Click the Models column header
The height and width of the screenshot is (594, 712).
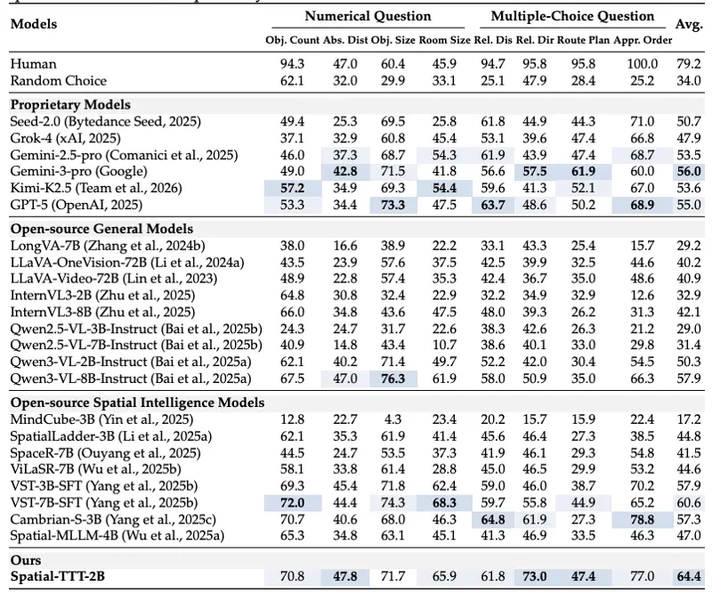point(34,24)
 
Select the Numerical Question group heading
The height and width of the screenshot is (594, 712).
point(368,16)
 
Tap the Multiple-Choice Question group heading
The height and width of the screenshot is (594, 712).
point(572,16)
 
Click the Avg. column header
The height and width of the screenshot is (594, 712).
point(689,24)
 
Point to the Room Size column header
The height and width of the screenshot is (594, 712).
point(444,40)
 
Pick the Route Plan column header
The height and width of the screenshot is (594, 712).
point(584,40)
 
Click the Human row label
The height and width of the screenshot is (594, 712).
point(34,63)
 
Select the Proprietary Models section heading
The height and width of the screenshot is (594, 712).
point(70,104)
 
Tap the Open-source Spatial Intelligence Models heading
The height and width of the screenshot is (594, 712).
point(138,403)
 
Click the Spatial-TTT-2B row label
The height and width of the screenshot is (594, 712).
point(58,576)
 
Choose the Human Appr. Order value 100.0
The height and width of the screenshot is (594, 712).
point(642,63)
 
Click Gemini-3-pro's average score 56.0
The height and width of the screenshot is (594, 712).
point(689,171)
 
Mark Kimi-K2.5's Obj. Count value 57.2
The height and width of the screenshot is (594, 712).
point(293,188)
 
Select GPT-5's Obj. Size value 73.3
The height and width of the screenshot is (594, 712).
point(392,205)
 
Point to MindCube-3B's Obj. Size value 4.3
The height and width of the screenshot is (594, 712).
point(392,419)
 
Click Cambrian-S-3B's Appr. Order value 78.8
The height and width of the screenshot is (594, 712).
point(642,519)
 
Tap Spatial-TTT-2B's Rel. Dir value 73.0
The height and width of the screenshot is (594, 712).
point(535,576)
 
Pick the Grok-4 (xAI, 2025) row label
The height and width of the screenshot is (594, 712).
point(65,138)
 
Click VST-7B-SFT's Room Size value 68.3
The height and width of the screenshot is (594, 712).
point(444,502)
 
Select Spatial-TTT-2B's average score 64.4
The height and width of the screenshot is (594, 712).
point(689,576)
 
